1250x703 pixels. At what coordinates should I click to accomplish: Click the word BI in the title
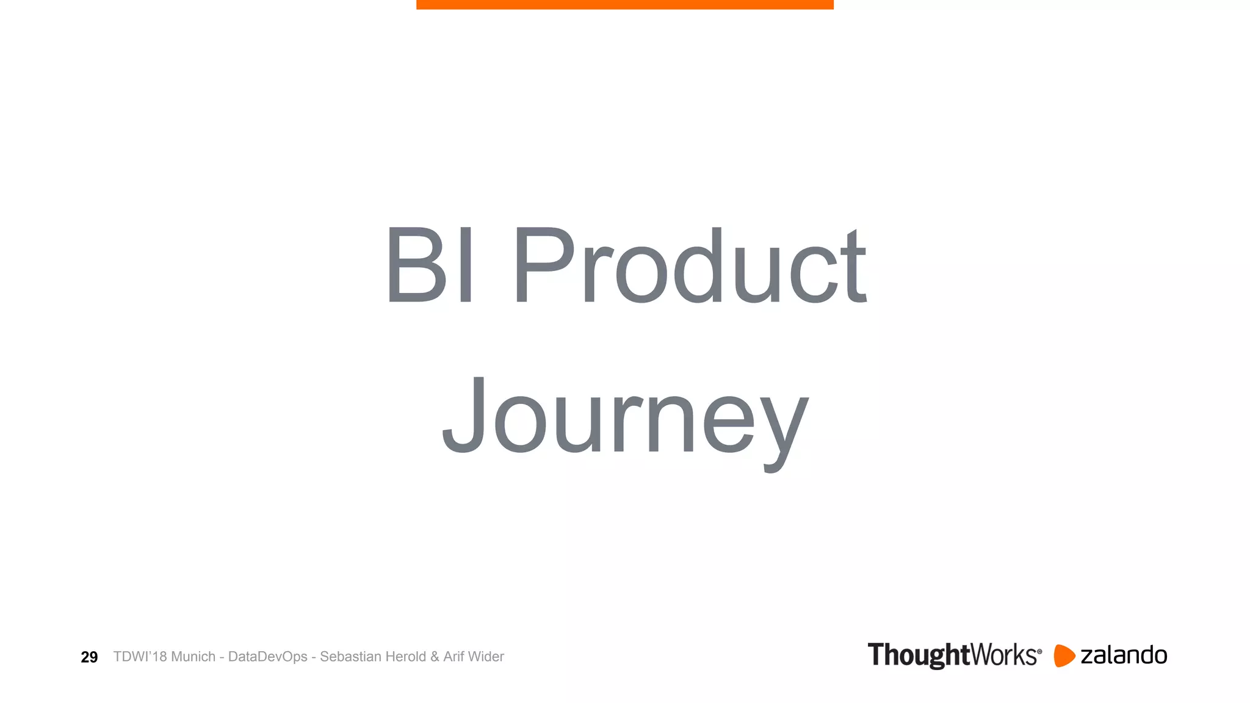point(430,265)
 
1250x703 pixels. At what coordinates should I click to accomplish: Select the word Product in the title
point(690,265)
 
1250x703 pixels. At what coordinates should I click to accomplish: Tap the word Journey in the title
point(625,418)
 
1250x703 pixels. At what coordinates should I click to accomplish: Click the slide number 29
point(89,657)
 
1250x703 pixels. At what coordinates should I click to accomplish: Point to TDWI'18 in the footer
point(140,657)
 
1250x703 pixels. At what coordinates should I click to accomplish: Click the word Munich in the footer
point(193,657)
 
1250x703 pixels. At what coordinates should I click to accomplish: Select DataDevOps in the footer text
point(267,657)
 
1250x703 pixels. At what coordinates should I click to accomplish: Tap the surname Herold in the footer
point(403,657)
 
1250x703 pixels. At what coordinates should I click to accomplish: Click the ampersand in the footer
point(435,657)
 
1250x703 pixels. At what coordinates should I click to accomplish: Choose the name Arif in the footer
point(453,657)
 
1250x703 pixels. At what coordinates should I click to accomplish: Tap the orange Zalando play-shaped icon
point(1064,655)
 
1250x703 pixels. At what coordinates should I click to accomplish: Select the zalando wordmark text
point(1124,655)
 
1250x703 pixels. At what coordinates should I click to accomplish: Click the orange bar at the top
point(625,4)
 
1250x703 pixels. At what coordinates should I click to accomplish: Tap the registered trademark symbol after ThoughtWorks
point(1039,652)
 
